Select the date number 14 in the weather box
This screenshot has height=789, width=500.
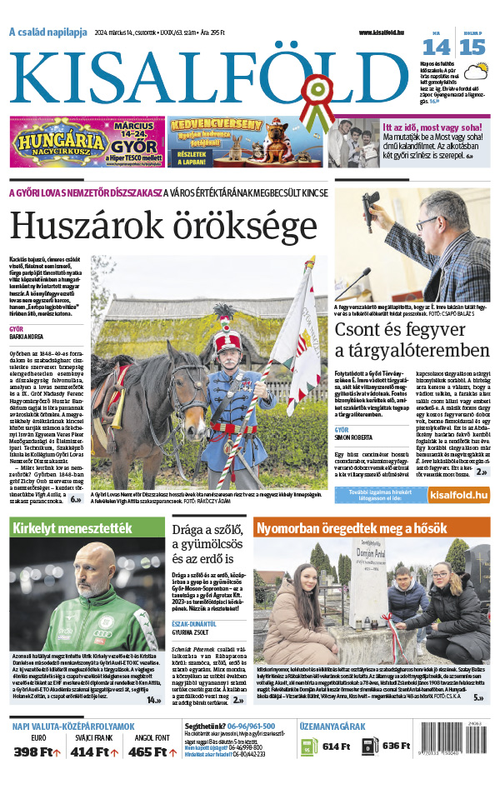coord(436,47)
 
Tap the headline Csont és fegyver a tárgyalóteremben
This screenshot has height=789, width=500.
coord(412,339)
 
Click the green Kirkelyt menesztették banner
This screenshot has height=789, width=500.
coord(87,528)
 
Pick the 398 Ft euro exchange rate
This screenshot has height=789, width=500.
coord(37,752)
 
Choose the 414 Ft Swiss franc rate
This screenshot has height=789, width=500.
coord(93,752)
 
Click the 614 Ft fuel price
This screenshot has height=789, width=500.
coord(336,747)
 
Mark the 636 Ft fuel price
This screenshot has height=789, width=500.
coord(397,747)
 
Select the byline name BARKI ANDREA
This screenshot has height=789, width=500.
coord(29,338)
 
